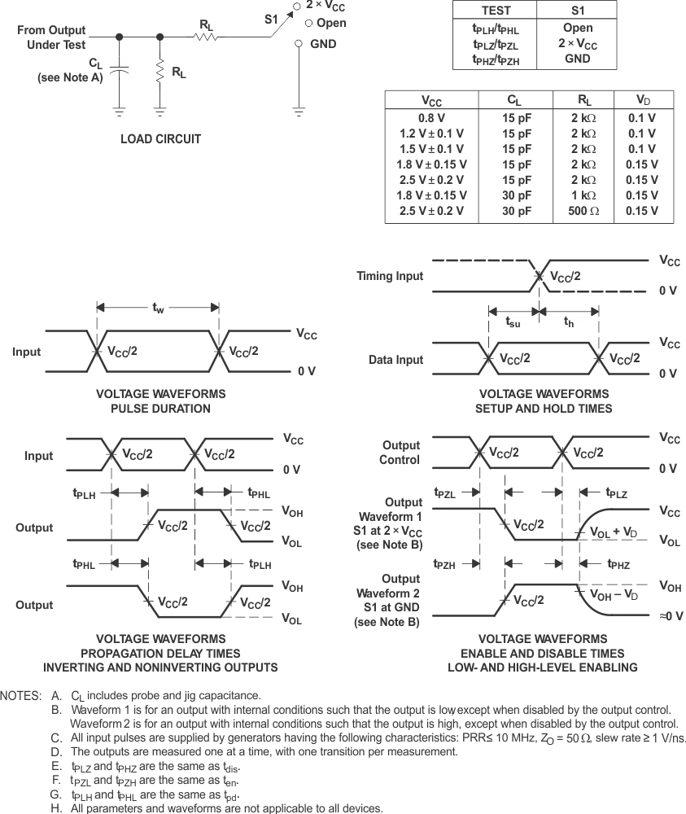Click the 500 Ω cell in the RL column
click(x=582, y=211)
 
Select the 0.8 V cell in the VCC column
click(x=431, y=117)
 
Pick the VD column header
click(x=642, y=100)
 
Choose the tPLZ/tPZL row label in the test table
click(x=496, y=44)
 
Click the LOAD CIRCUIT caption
click(x=160, y=138)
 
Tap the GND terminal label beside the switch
click(x=323, y=43)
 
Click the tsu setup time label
click(x=513, y=322)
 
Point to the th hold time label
click(x=570, y=322)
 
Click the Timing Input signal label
click(x=390, y=276)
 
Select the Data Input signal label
click(x=396, y=360)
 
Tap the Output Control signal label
click(x=401, y=453)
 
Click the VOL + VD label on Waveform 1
click(x=617, y=532)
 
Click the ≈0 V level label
click(x=670, y=616)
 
